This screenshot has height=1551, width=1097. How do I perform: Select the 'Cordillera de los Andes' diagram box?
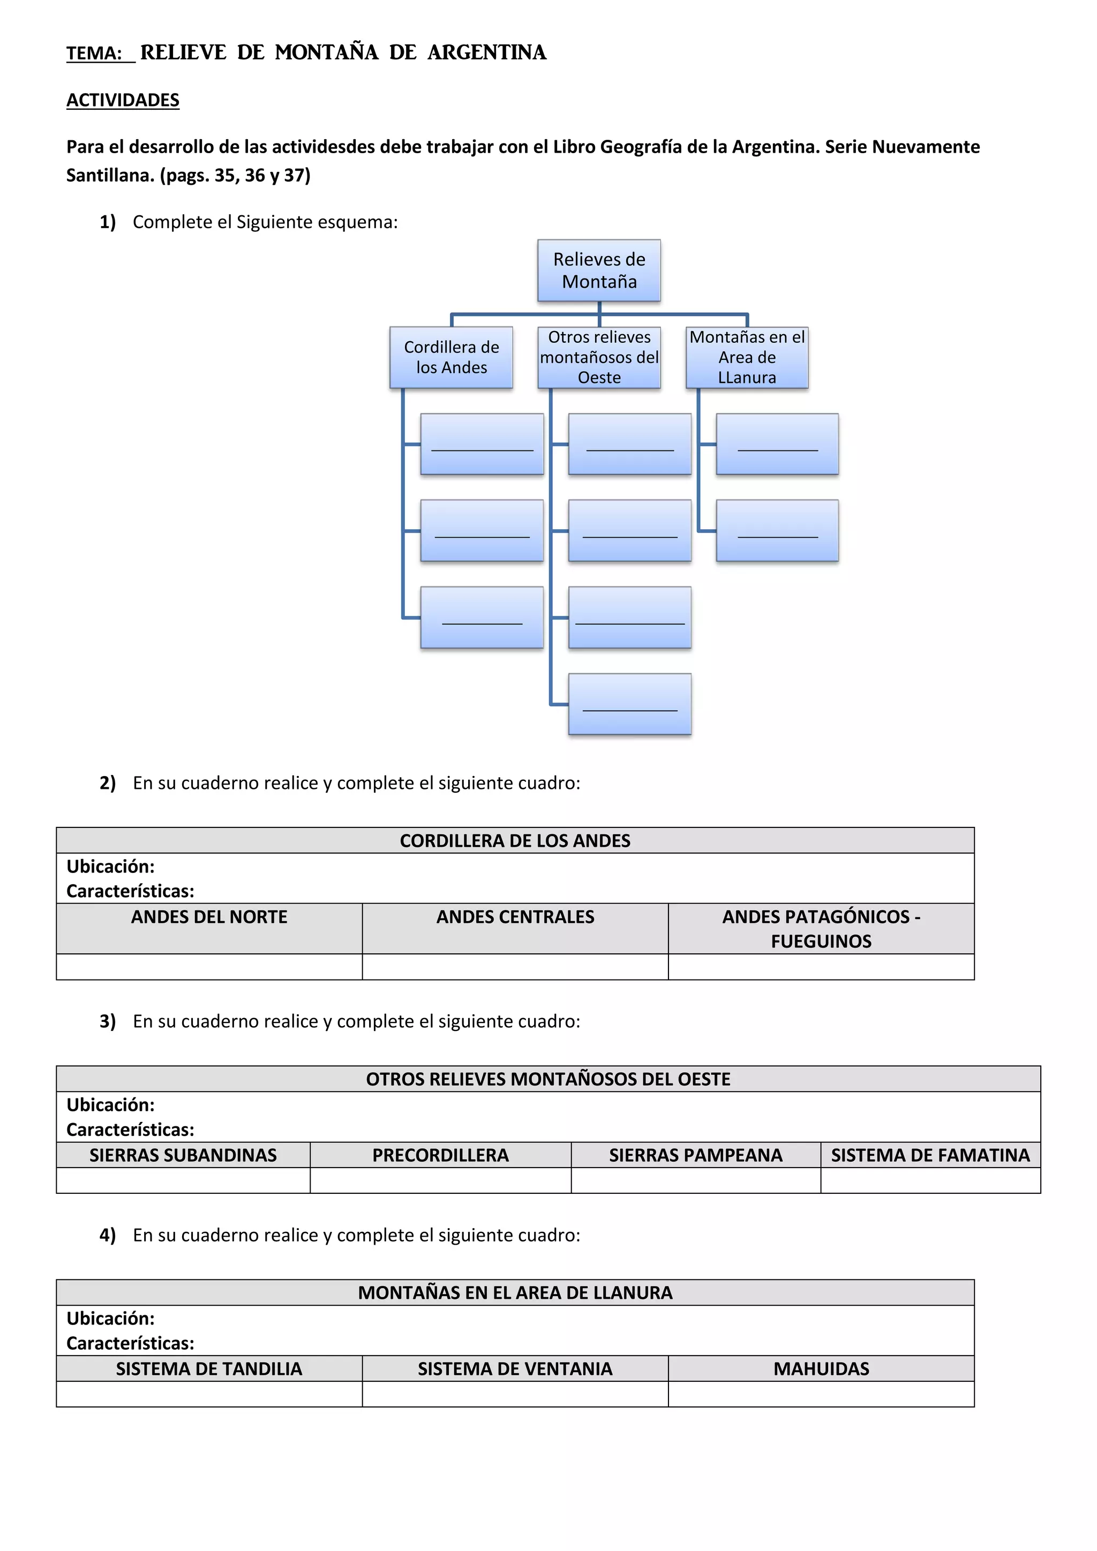coord(451,357)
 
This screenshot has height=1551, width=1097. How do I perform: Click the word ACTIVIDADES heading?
coord(123,100)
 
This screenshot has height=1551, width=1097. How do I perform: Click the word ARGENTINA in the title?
coord(486,52)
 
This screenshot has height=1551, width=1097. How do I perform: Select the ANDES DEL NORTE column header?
coord(209,917)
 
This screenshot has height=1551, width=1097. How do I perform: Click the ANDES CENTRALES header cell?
coord(515,917)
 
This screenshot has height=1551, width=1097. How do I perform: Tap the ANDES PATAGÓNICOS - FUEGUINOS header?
coord(821,928)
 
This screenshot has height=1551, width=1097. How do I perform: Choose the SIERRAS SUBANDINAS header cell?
coord(183,1155)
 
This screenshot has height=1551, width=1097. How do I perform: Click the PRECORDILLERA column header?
coord(440,1155)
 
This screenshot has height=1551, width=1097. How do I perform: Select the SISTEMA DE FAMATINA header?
coord(930,1155)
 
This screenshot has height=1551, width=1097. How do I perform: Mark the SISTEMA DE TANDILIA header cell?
coord(209,1368)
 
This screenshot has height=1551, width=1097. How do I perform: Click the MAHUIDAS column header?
coord(821,1368)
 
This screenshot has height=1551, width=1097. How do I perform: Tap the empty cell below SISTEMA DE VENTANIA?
coord(515,1394)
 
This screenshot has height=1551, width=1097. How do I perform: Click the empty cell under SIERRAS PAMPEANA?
coord(696,1181)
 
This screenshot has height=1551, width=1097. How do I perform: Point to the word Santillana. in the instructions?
coord(110,176)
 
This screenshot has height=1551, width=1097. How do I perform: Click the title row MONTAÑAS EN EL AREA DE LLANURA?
coord(515,1292)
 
